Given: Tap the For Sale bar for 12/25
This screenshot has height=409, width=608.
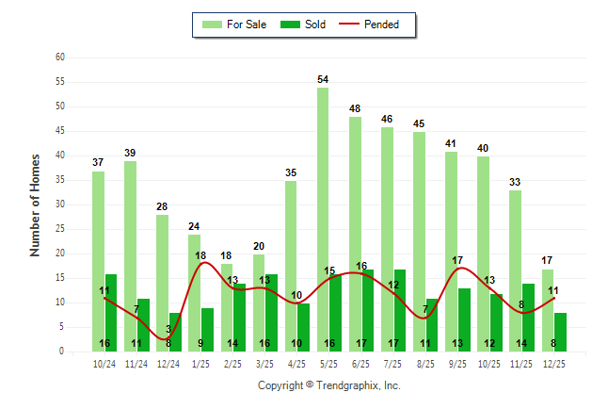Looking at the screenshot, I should click(x=548, y=310).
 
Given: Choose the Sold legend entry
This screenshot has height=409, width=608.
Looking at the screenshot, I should click(x=304, y=25).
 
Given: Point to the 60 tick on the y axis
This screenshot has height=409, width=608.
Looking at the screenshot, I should click(x=60, y=57).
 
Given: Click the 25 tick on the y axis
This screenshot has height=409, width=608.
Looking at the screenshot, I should click(x=60, y=229).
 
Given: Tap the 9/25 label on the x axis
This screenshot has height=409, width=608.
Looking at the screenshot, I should click(x=457, y=363).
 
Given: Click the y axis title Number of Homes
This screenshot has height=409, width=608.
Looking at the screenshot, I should click(x=35, y=204).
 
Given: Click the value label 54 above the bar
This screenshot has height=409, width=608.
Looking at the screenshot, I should click(x=323, y=79).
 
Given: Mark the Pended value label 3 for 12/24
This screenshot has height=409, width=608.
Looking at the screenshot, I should click(x=168, y=329).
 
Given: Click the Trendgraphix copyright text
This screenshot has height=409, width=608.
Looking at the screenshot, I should click(x=328, y=385).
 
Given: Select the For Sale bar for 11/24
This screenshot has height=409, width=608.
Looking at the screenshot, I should click(x=130, y=255).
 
